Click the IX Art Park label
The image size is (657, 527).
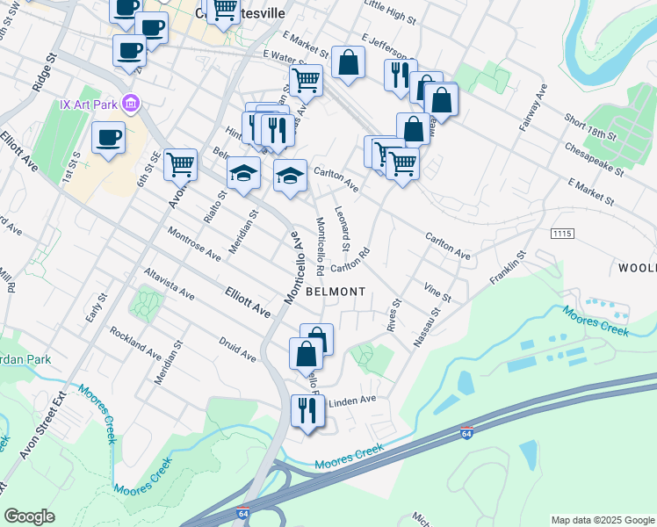[89, 105]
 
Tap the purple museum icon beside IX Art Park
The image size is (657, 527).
[131, 105]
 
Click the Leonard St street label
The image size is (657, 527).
[343, 226]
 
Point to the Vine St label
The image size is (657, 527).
[437, 291]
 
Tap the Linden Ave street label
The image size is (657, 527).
[351, 400]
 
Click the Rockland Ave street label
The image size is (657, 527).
[135, 344]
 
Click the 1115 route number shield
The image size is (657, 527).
[563, 233]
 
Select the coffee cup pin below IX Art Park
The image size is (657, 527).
[108, 139]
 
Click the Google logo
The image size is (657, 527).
[29, 516]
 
